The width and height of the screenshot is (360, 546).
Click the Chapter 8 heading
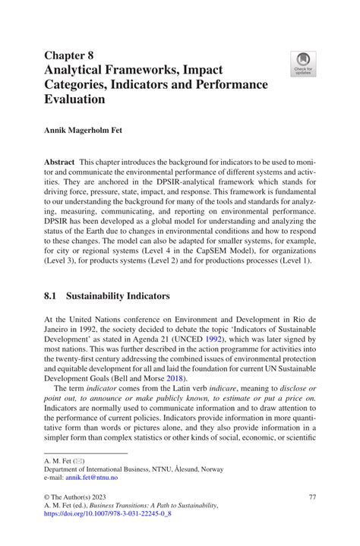tap(70, 54)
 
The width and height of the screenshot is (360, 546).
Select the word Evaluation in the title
tap(74, 99)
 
